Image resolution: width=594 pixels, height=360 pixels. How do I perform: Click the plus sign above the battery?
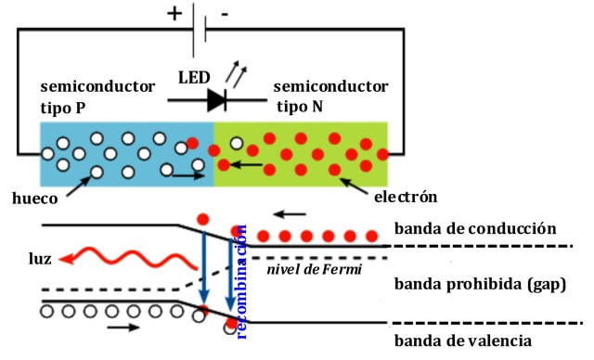(x=174, y=14)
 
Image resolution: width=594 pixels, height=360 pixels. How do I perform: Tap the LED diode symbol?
(x=215, y=98)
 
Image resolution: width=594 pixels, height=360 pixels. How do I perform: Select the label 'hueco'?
(x=36, y=198)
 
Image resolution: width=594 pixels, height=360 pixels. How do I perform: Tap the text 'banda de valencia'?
(x=464, y=341)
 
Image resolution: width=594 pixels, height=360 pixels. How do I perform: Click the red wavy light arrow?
(x=107, y=254)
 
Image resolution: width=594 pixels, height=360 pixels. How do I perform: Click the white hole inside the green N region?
(x=237, y=144)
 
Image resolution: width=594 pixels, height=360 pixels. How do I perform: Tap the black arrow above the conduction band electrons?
(x=291, y=213)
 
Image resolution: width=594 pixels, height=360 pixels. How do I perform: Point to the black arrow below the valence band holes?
(x=123, y=328)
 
